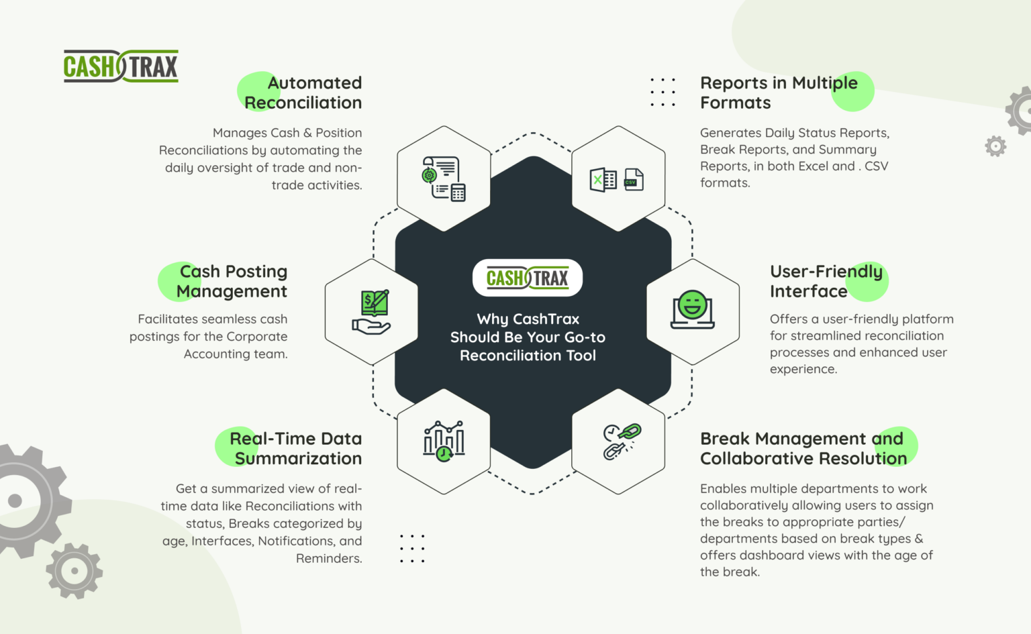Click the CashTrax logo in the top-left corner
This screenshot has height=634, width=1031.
(x=121, y=66)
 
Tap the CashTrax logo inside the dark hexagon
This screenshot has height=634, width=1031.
(x=528, y=278)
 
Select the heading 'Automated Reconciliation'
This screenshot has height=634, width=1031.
(x=303, y=93)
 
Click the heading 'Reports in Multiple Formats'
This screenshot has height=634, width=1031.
(x=779, y=93)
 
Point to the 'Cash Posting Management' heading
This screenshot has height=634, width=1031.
(x=232, y=281)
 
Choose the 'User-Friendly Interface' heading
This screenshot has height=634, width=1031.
(x=826, y=281)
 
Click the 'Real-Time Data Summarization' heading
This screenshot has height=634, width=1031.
(x=296, y=448)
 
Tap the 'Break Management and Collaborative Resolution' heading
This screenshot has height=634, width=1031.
(x=803, y=448)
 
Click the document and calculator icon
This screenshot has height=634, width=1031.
(x=444, y=178)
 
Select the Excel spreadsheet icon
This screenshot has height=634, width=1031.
(x=603, y=180)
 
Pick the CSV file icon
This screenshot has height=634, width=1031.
(x=634, y=180)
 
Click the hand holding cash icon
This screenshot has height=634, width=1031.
(x=371, y=312)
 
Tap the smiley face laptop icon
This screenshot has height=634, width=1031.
(x=693, y=310)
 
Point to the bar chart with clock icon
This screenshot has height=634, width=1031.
(x=444, y=441)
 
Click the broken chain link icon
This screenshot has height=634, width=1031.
(x=622, y=441)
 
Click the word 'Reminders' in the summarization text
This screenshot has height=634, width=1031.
(x=328, y=558)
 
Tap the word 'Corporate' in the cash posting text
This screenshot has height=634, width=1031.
(x=256, y=336)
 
